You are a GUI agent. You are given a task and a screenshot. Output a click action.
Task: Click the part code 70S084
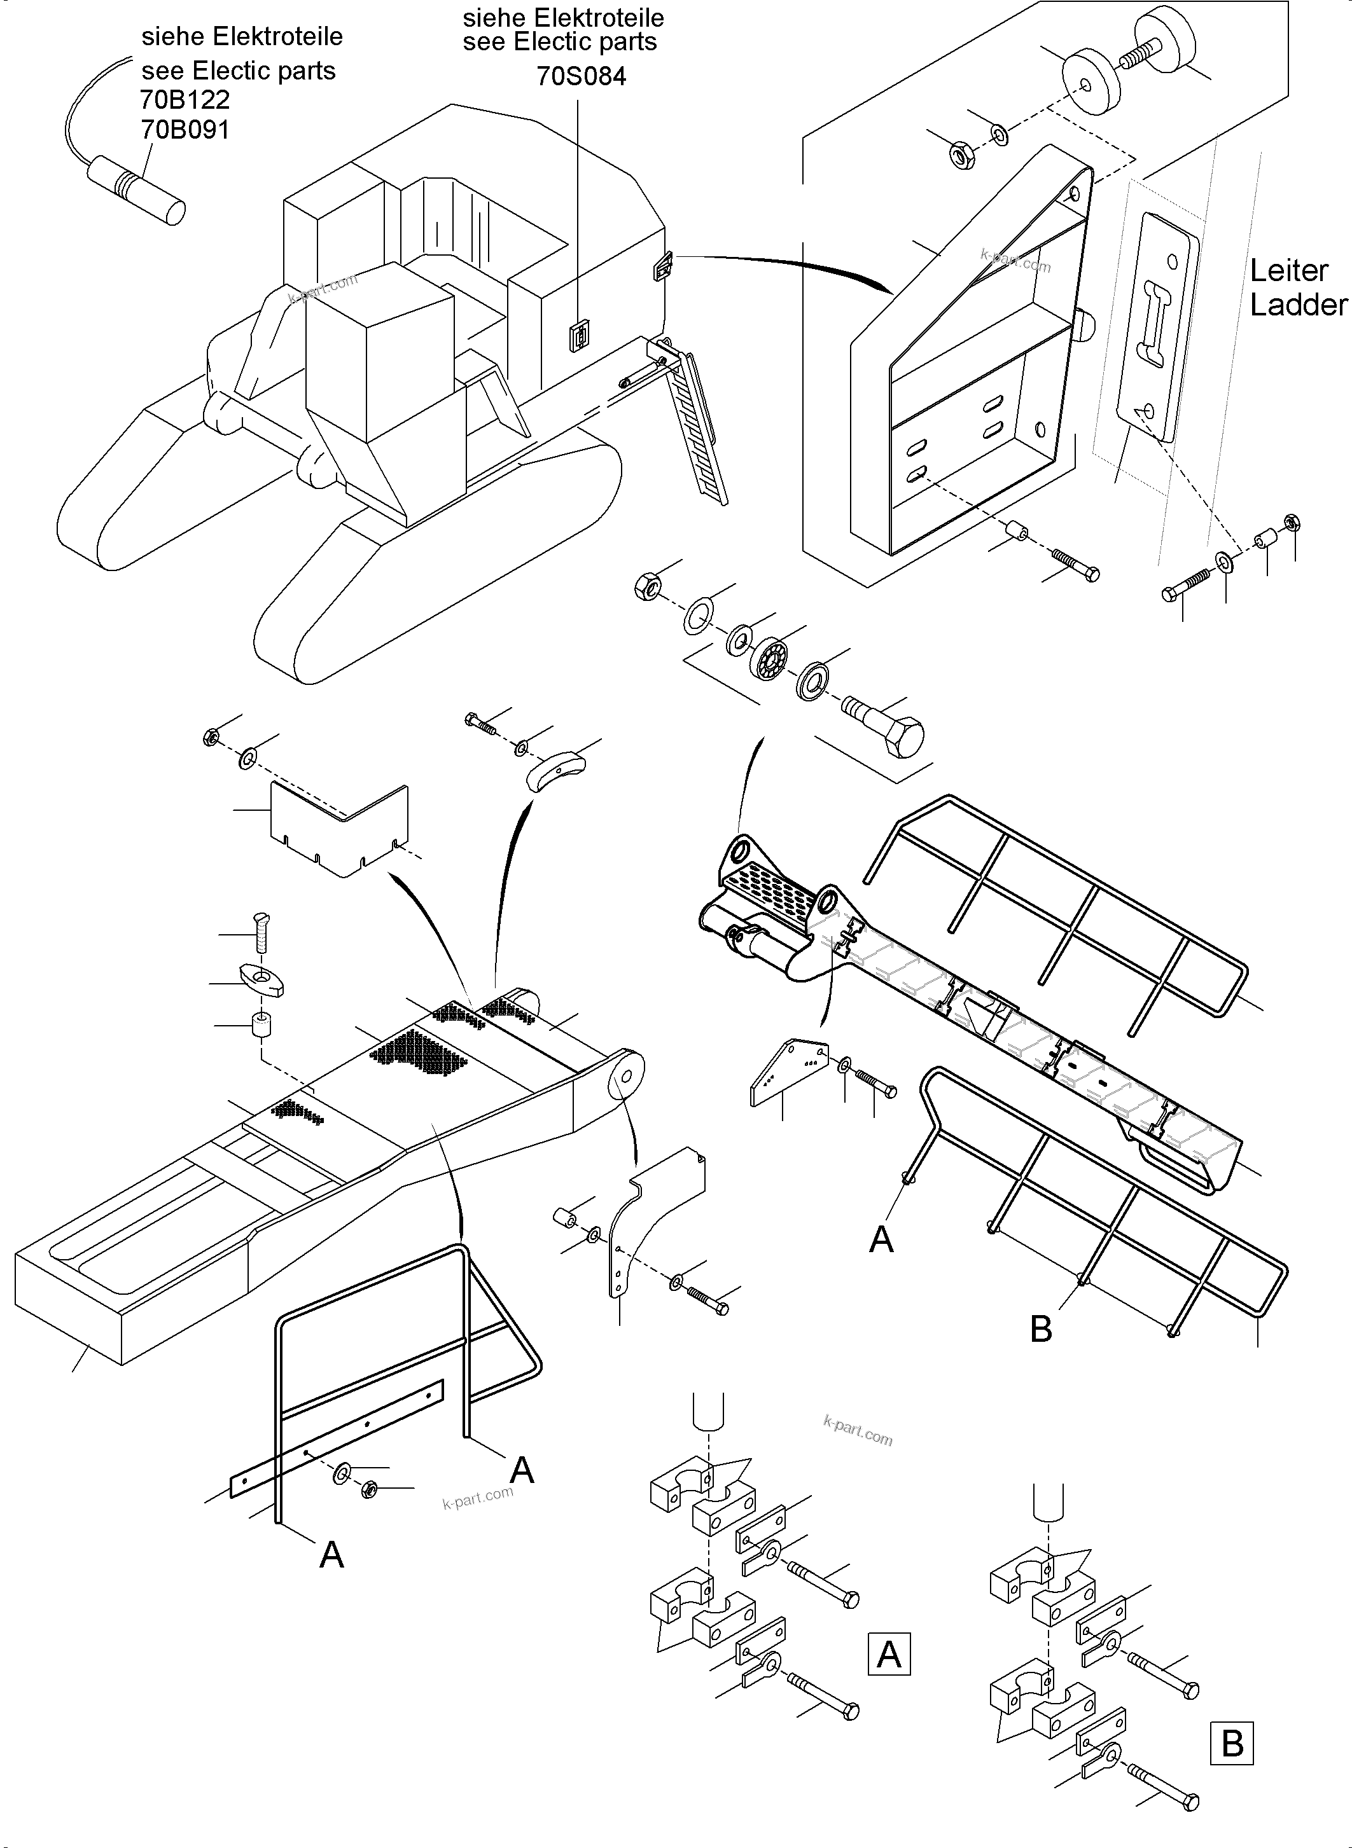point(581,76)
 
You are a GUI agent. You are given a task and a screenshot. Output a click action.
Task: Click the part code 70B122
point(185,100)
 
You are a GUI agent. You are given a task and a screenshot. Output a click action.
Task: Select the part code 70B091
point(185,129)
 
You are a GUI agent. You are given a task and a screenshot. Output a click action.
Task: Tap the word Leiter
point(1288,270)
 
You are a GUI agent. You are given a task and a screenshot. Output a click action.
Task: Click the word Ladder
point(1298,305)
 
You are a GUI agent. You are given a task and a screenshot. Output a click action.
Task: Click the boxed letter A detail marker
point(889,1655)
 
